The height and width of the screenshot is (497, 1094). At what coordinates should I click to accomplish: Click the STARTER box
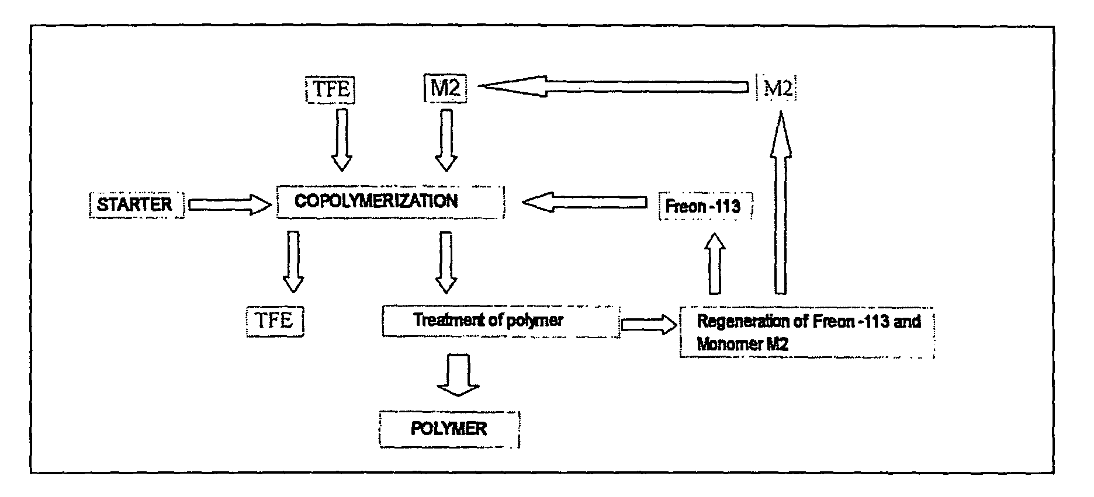[136, 204]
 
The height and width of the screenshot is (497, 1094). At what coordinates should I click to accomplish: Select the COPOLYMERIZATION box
[390, 202]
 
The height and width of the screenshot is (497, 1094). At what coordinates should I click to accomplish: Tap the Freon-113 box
[705, 206]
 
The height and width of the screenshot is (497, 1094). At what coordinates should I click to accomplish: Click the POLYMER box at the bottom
[449, 429]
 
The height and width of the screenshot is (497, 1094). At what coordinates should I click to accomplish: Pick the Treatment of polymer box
[500, 321]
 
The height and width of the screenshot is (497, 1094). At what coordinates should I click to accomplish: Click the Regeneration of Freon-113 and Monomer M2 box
[806, 332]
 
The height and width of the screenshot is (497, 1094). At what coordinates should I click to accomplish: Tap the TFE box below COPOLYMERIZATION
[275, 321]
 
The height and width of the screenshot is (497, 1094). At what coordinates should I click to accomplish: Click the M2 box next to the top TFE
[445, 89]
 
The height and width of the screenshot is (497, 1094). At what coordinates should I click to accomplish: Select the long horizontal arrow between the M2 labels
[614, 88]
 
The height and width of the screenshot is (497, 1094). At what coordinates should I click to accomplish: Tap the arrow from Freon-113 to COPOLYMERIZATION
[584, 203]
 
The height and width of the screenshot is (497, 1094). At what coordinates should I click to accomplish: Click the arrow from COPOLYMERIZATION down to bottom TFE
[293, 261]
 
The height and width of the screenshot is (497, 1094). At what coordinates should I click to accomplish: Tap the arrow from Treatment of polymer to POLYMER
[458, 374]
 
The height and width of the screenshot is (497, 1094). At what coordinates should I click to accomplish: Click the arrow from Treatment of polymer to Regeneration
[648, 324]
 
